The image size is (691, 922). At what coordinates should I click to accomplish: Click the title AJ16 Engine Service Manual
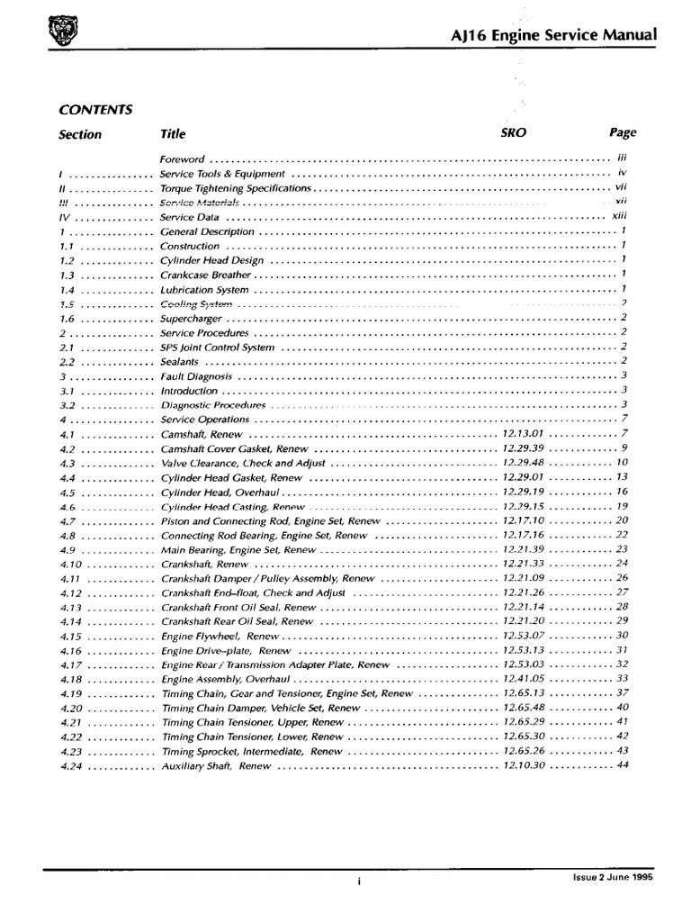552,35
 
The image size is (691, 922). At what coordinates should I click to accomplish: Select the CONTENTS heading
95,109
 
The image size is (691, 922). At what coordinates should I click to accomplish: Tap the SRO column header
513,132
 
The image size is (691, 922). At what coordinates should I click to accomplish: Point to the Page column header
622,132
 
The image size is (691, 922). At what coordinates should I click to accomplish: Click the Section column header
80,134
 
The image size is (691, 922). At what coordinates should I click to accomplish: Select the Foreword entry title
182,158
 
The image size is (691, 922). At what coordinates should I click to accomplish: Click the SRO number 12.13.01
523,434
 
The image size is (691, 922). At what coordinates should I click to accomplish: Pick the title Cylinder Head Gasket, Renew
231,477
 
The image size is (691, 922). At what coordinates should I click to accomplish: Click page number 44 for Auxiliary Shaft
622,765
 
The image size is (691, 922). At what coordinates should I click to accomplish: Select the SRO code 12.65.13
523,693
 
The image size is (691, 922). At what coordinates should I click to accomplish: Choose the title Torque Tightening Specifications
236,188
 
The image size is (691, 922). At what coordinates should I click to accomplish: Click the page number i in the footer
358,882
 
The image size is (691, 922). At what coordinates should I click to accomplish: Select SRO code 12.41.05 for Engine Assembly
523,679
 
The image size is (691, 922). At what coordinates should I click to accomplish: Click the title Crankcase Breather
205,275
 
